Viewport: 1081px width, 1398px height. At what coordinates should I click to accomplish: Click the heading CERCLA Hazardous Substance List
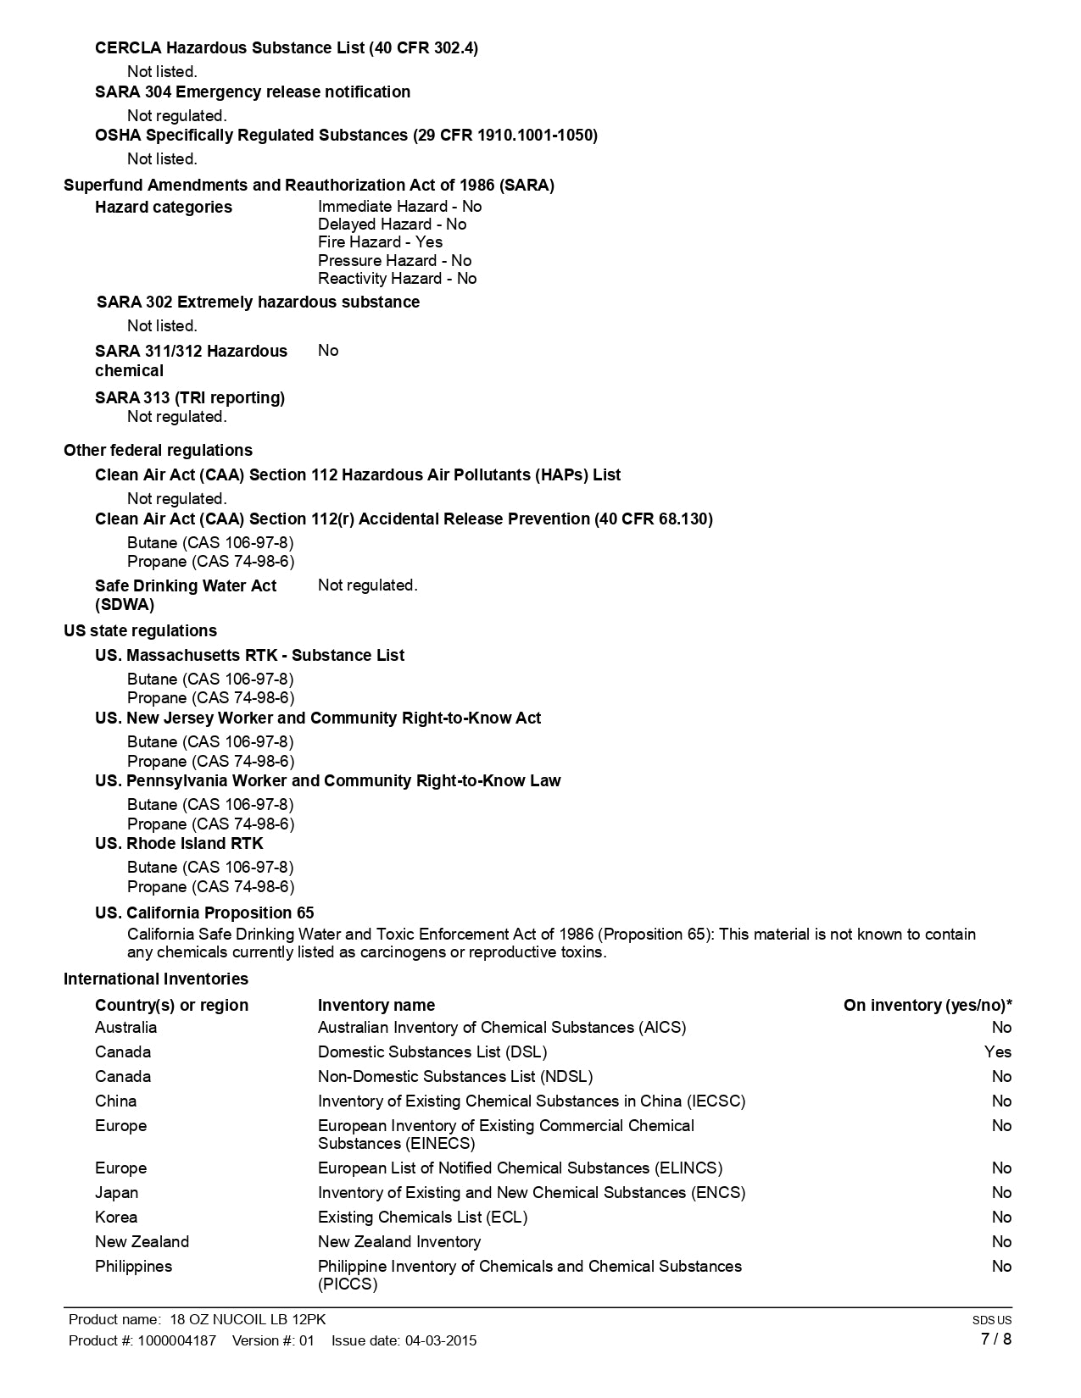point(286,48)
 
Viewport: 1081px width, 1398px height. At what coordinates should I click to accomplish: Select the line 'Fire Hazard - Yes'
point(380,242)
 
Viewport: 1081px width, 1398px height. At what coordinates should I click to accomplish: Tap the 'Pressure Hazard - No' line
point(394,261)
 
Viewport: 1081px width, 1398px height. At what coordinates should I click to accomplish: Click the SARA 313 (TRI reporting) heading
point(190,398)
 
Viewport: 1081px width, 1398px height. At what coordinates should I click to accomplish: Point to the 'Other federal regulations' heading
point(158,451)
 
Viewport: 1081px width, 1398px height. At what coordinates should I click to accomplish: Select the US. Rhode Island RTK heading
point(179,844)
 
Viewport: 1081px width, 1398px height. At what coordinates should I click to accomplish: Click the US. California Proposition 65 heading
point(204,913)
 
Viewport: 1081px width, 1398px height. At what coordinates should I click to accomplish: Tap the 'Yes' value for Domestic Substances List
point(998,1052)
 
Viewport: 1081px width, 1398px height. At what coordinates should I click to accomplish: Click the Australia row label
point(125,1028)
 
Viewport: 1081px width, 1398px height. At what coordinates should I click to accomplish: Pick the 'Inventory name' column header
point(376,1006)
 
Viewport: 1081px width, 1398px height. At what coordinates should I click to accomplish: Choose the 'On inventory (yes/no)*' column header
point(928,1006)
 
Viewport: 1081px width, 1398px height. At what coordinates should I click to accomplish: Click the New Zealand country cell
point(142,1242)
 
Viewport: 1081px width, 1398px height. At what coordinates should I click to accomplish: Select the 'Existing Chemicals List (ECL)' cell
point(422,1218)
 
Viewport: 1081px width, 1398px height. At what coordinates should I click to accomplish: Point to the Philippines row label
point(133,1267)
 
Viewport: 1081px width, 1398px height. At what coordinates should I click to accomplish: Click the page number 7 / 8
point(995,1340)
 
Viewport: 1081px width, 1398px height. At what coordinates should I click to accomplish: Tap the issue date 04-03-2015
point(441,1341)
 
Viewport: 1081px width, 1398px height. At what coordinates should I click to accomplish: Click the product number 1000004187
point(176,1341)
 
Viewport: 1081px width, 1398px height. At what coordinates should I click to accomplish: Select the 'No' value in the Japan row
point(1001,1193)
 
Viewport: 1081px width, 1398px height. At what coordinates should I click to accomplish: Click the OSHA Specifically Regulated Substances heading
point(346,136)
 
